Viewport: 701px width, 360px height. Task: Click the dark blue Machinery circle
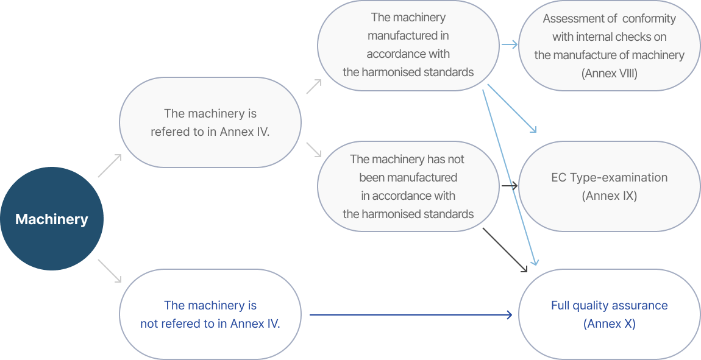coord(52,219)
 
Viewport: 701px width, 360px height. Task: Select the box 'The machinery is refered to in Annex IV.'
coord(210,122)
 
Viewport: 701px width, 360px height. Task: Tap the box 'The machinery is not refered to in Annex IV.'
coord(210,314)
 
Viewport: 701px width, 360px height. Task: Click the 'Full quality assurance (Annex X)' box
coord(610,314)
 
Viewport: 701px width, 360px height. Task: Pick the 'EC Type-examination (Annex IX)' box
coord(610,186)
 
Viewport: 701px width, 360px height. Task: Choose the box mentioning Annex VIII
coord(610,46)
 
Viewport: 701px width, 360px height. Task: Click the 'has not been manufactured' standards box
coord(408,186)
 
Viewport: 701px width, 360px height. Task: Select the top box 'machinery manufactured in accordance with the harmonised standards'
coord(408,46)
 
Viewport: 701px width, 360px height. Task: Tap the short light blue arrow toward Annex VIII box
coord(509,44)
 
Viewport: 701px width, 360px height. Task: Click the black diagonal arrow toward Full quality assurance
coord(505,250)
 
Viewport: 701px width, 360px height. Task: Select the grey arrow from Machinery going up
coord(110,166)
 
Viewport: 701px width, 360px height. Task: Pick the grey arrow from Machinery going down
coord(110,270)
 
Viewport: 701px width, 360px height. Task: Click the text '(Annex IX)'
coord(610,196)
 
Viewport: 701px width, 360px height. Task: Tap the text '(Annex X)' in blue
coord(610,324)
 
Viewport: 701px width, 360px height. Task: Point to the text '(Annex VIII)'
coord(610,74)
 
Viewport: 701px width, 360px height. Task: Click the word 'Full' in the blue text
coord(560,306)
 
